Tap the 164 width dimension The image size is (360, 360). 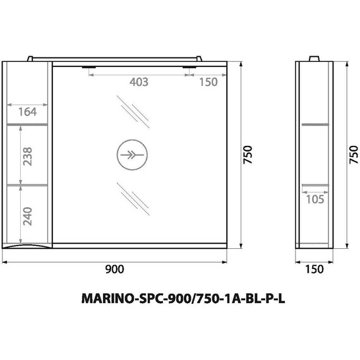[x=28, y=112]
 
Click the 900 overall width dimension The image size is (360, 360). [x=114, y=269]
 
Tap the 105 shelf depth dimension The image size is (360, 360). [x=314, y=200]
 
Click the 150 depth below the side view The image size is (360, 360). [x=314, y=269]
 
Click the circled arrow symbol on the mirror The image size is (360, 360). [x=131, y=153]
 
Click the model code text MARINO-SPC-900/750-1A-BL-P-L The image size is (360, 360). [x=179, y=299]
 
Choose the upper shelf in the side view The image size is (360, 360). [x=314, y=124]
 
